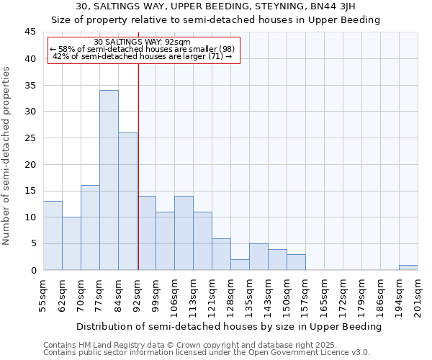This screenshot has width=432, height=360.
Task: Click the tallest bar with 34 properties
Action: coord(109,180)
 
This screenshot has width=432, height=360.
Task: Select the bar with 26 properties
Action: coord(127,202)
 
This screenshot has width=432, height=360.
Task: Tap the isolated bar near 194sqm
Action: coord(408,268)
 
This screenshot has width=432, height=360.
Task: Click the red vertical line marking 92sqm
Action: coord(138,166)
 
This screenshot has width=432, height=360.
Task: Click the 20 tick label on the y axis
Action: coord(30,165)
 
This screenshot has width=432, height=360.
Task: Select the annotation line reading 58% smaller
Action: coord(142,49)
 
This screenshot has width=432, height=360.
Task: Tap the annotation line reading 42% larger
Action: coord(143,56)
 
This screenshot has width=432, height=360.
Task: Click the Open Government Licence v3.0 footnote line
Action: coord(206,353)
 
